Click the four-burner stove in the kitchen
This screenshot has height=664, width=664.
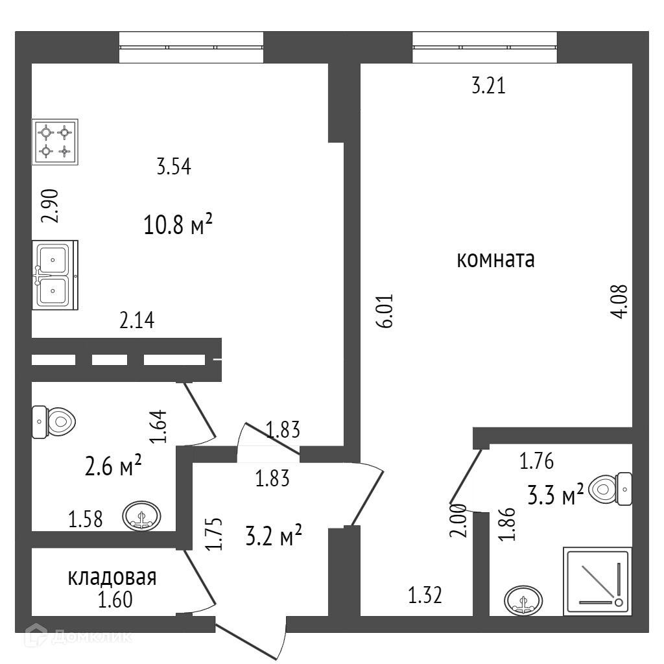pyautogui.click(x=55, y=141)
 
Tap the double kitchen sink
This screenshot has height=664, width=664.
pyautogui.click(x=54, y=275)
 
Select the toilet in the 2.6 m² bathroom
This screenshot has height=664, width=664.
pyautogui.click(x=54, y=422)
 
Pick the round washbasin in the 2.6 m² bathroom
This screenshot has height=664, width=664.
pyautogui.click(x=142, y=516)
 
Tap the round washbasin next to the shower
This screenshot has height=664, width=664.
pyautogui.click(x=523, y=601)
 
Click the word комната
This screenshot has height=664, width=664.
pyautogui.click(x=495, y=261)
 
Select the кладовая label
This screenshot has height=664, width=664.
pyautogui.click(x=112, y=577)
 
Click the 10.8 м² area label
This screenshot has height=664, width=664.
pyautogui.click(x=178, y=226)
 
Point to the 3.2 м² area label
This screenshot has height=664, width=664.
pyautogui.click(x=274, y=537)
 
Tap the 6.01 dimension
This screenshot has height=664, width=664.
pyautogui.click(x=387, y=312)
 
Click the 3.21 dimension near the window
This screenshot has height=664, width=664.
pyautogui.click(x=488, y=86)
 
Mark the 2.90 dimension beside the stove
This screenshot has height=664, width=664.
pyautogui.click(x=51, y=206)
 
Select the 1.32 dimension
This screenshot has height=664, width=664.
pyautogui.click(x=425, y=595)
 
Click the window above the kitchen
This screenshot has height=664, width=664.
pyautogui.click(x=191, y=47)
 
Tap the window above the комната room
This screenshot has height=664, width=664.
pyautogui.click(x=485, y=47)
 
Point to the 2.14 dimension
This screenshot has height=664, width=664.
pyautogui.click(x=137, y=320)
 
